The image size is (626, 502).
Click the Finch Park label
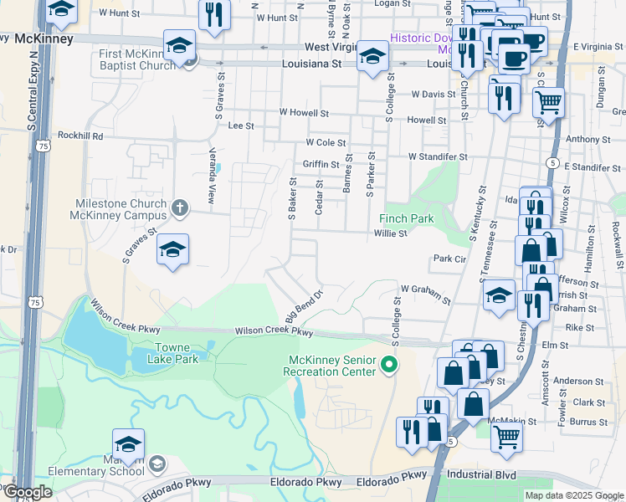click(x=410, y=218)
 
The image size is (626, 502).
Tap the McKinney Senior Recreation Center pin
click(x=388, y=365)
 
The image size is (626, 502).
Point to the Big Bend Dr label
click(x=304, y=307)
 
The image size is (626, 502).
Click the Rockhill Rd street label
click(x=80, y=136)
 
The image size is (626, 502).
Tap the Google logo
click(x=28, y=492)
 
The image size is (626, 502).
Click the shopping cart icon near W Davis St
click(x=548, y=103)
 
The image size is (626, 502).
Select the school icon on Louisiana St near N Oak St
click(x=372, y=56)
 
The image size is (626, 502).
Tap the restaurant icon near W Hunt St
click(x=215, y=14)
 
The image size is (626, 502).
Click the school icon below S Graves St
click(x=172, y=249)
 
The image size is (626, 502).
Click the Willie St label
click(x=390, y=233)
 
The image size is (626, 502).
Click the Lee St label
click(x=241, y=125)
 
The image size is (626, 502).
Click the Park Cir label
click(x=448, y=259)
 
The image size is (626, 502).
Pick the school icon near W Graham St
click(x=499, y=295)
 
